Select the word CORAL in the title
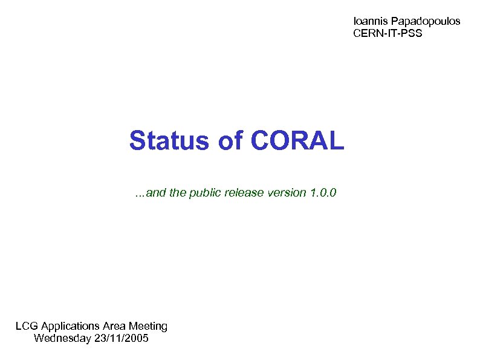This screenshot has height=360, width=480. tap(296, 141)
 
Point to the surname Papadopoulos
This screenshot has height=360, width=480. tap(424, 21)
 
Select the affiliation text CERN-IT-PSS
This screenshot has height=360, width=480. tap(388, 33)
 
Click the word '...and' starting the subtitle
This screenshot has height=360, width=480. tap(148, 194)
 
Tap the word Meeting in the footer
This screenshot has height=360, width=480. tap(148, 326)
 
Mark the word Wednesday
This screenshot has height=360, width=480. tap(63, 338)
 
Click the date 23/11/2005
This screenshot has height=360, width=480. tap(122, 338)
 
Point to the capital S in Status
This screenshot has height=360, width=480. tap(137, 141)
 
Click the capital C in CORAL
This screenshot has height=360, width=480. tap(258, 141)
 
